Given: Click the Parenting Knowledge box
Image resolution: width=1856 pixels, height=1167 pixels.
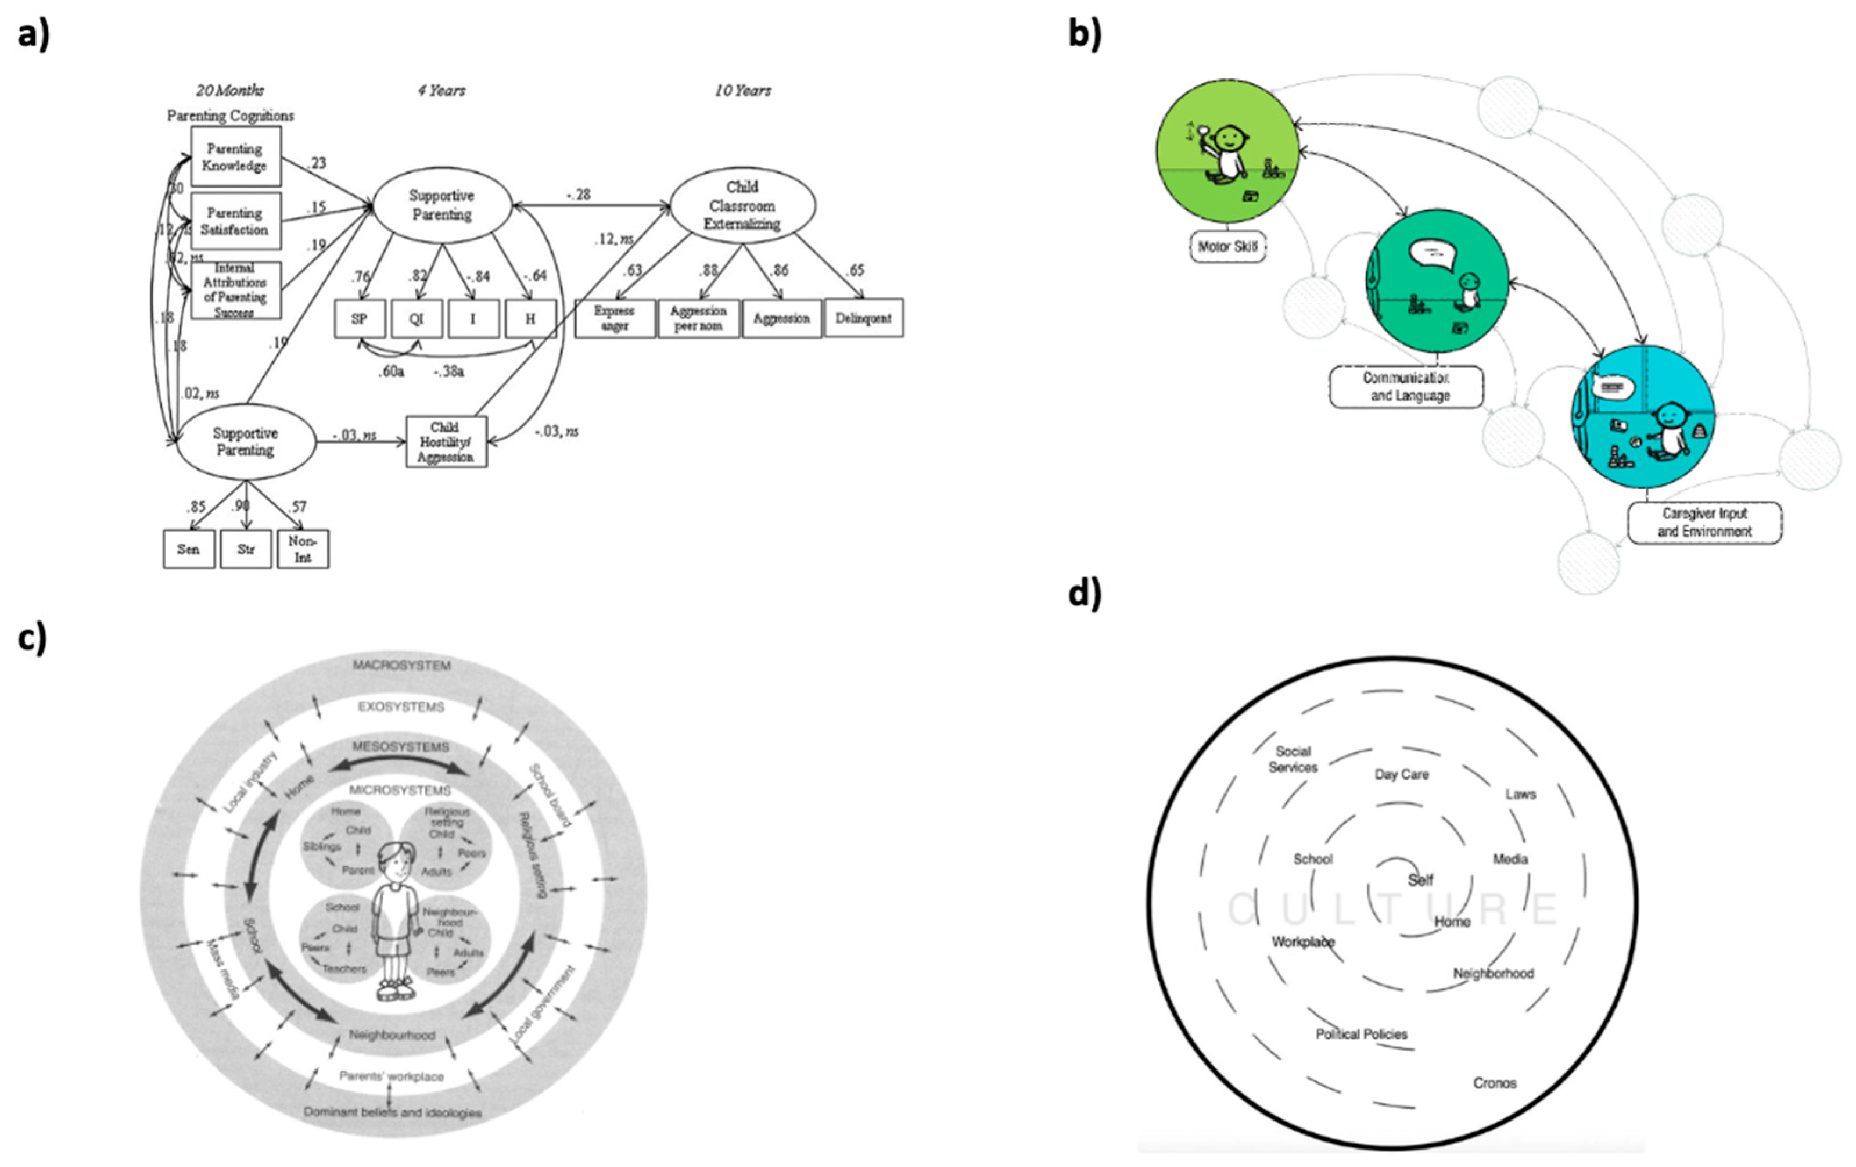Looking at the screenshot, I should (235, 156).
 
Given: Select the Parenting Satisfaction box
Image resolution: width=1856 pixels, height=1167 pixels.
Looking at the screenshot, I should (235, 221).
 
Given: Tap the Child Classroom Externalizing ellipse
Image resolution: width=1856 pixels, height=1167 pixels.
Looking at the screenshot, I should (742, 206).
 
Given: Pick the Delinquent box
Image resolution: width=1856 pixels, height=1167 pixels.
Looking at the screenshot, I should (863, 318).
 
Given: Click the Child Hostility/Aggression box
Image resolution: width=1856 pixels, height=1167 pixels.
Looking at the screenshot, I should (446, 441).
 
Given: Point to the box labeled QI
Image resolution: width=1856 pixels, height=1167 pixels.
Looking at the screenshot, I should (416, 318).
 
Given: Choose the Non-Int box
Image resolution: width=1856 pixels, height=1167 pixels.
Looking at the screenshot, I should (303, 549).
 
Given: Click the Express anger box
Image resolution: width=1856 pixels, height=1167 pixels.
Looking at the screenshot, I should (614, 318).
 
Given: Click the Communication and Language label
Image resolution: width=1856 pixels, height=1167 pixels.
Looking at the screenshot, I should (1406, 387).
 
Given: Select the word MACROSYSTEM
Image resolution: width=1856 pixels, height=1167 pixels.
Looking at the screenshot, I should (401, 665).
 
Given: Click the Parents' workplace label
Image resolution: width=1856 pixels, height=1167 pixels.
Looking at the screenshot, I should (392, 1076).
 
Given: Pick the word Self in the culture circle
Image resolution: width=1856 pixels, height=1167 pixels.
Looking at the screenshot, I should (1420, 880).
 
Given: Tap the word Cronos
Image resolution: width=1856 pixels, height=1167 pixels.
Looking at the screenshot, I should (1495, 1083).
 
